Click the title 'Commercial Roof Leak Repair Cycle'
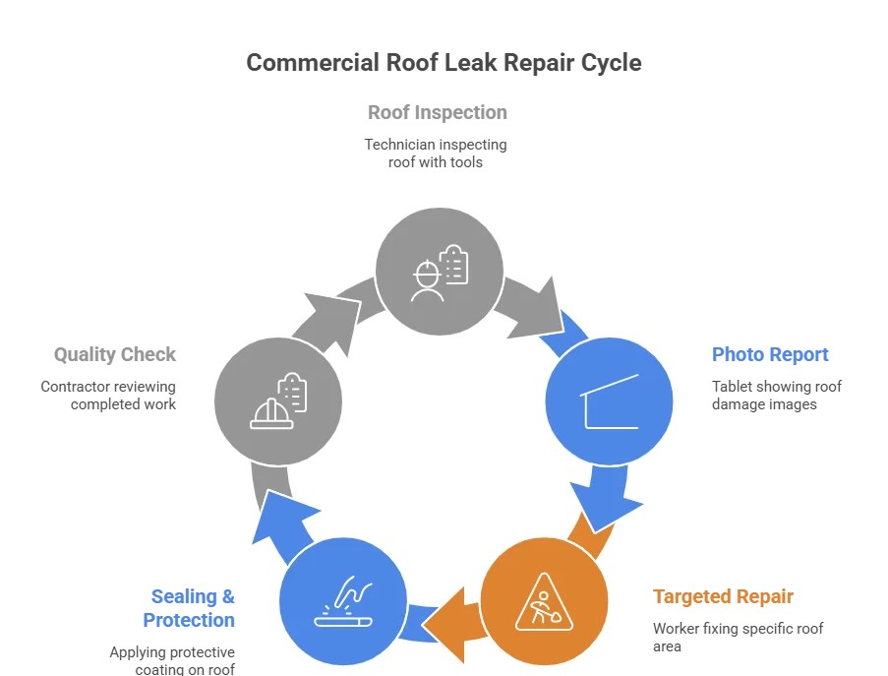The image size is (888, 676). point(444,63)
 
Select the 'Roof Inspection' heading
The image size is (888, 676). point(438,112)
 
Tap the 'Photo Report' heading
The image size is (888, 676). point(770,354)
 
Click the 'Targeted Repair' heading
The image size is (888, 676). point(723,596)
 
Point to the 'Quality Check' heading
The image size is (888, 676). point(115,354)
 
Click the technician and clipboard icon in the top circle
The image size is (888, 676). point(440,271)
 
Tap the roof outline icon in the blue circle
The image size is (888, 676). point(610,400)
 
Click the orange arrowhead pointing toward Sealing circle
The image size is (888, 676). point(451,620)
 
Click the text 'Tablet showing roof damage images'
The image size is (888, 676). point(777,396)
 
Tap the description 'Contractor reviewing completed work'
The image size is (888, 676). point(108,396)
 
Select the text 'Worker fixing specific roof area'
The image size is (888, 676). point(738,637)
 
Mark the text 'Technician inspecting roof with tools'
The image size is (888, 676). point(436,153)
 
